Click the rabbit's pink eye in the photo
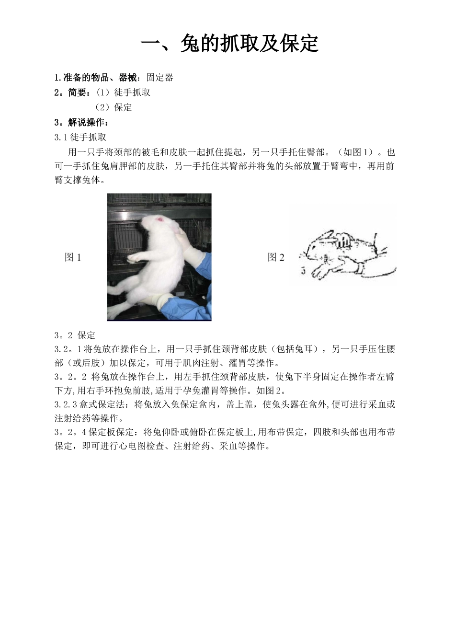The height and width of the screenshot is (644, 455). [160, 220]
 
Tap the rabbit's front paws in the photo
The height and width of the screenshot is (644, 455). [135, 258]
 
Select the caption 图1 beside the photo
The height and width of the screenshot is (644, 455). [73, 257]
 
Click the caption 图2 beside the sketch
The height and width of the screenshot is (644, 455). [276, 257]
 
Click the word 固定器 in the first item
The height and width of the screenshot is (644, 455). [160, 78]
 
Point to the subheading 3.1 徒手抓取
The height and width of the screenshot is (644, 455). [80, 138]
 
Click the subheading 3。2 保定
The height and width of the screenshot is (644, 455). [75, 335]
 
